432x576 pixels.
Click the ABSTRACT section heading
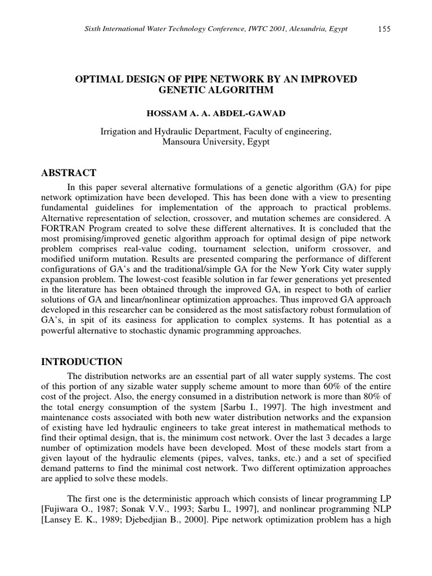pyautogui.click(x=69, y=173)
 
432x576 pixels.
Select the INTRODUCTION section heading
pyautogui.click(x=82, y=362)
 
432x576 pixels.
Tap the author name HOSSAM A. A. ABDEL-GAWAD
pyautogui.click(x=216, y=113)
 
